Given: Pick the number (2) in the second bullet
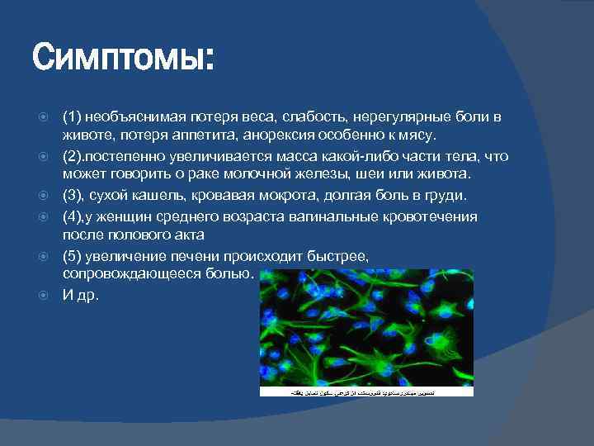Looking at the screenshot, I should pyautogui.click(x=75, y=156).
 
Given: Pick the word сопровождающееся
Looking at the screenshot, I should pyautogui.click(x=125, y=273).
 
